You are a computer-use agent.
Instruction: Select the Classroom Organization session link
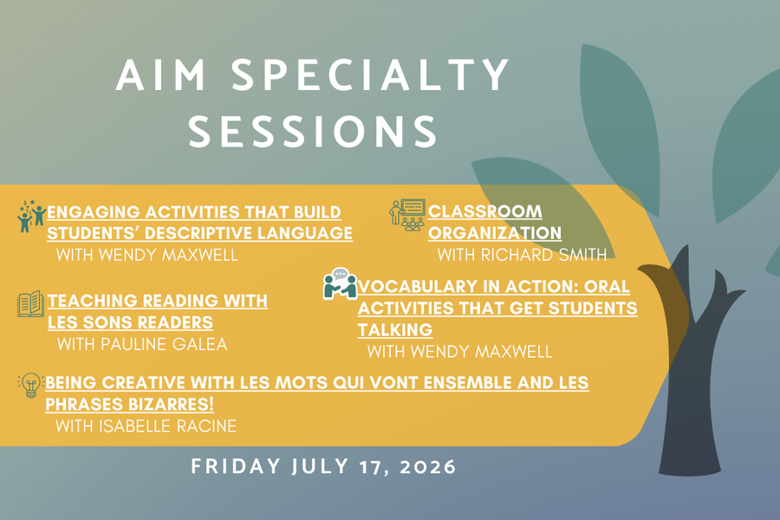(495, 222)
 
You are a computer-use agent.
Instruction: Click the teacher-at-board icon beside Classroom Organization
(406, 214)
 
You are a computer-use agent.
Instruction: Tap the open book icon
(30, 304)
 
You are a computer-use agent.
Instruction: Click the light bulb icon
(30, 385)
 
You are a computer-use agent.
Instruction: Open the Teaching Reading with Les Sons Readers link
(157, 311)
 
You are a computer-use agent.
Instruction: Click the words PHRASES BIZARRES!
(129, 405)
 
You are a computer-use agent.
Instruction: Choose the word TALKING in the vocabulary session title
(395, 329)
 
